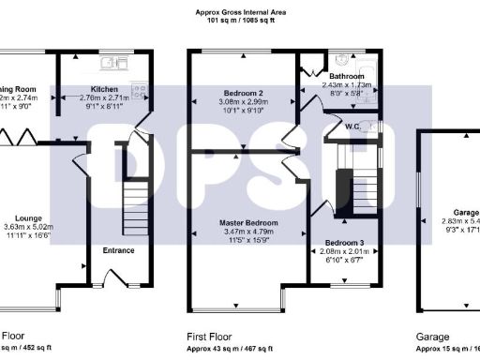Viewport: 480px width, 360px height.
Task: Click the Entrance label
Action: [118, 250]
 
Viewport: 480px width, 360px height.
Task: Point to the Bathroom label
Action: [356, 75]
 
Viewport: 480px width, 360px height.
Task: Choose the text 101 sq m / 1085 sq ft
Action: [240, 20]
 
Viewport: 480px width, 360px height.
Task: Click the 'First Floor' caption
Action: [211, 335]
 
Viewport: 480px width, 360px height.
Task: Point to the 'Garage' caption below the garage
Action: [433, 335]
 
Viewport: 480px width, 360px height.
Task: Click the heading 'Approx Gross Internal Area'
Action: [240, 11]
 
